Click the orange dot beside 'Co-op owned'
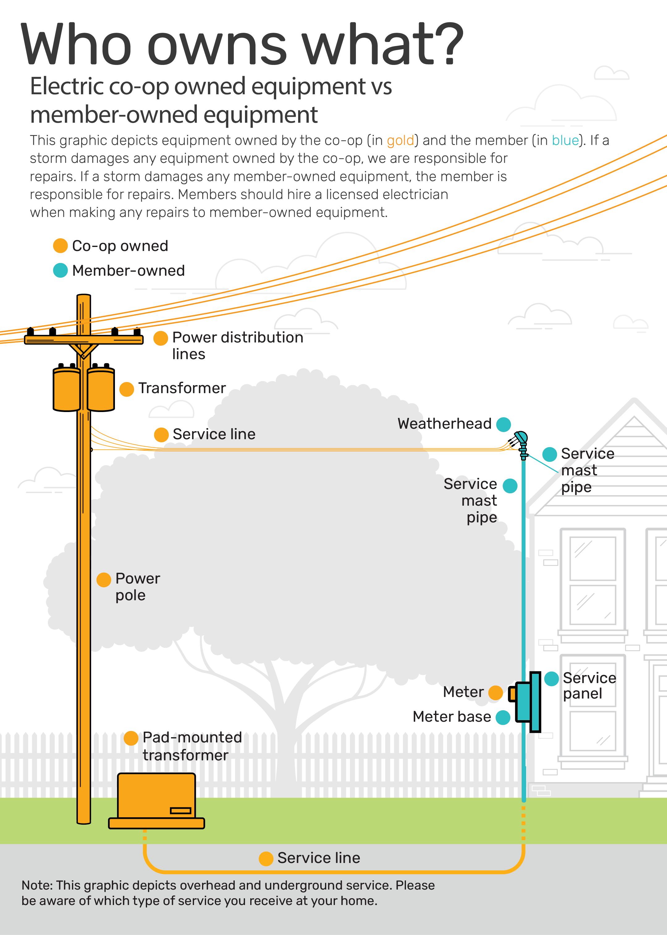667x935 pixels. [60, 246]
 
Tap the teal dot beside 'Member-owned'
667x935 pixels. [60, 270]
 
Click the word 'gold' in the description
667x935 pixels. [400, 141]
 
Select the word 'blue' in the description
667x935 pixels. [565, 141]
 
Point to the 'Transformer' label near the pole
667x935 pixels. [182, 388]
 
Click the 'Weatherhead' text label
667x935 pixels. [444, 423]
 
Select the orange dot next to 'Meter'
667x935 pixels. [495, 693]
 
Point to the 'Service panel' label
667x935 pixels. [589, 685]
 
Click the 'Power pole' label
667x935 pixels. [137, 587]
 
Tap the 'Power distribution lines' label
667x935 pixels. [237, 346]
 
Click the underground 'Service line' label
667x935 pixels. [319, 858]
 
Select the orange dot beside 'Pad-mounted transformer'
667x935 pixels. [131, 738]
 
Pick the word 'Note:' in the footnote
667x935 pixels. [37, 885]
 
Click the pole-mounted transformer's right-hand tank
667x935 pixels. [101, 389]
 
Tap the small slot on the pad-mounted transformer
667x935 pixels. [181, 810]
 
